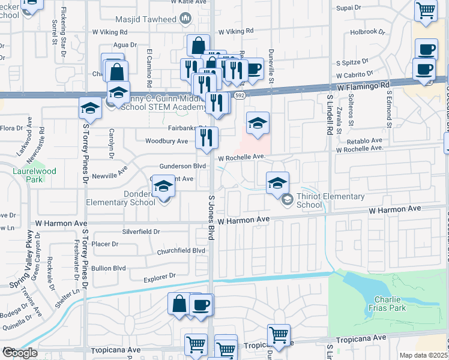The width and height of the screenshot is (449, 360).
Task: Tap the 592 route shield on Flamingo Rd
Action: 240,95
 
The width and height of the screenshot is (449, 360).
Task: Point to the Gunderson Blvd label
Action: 182,166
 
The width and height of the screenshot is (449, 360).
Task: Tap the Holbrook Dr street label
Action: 366,31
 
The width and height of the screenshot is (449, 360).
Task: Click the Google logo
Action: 20,353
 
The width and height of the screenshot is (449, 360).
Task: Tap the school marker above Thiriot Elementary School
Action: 277,182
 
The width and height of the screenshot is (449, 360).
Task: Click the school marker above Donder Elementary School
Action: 163,186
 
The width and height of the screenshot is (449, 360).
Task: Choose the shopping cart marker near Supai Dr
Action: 426,10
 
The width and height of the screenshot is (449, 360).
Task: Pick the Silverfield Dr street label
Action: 141,231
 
